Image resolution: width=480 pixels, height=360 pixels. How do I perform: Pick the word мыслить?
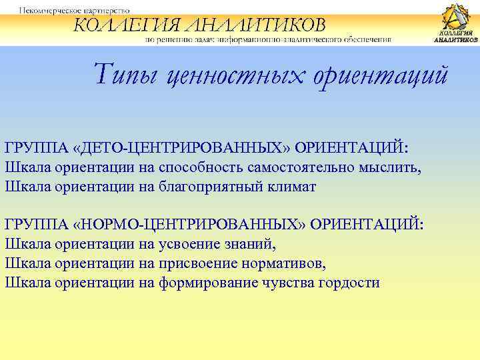coord(394,166)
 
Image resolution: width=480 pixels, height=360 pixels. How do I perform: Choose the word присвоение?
coord(201,263)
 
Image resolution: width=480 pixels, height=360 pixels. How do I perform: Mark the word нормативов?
coord(287,263)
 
